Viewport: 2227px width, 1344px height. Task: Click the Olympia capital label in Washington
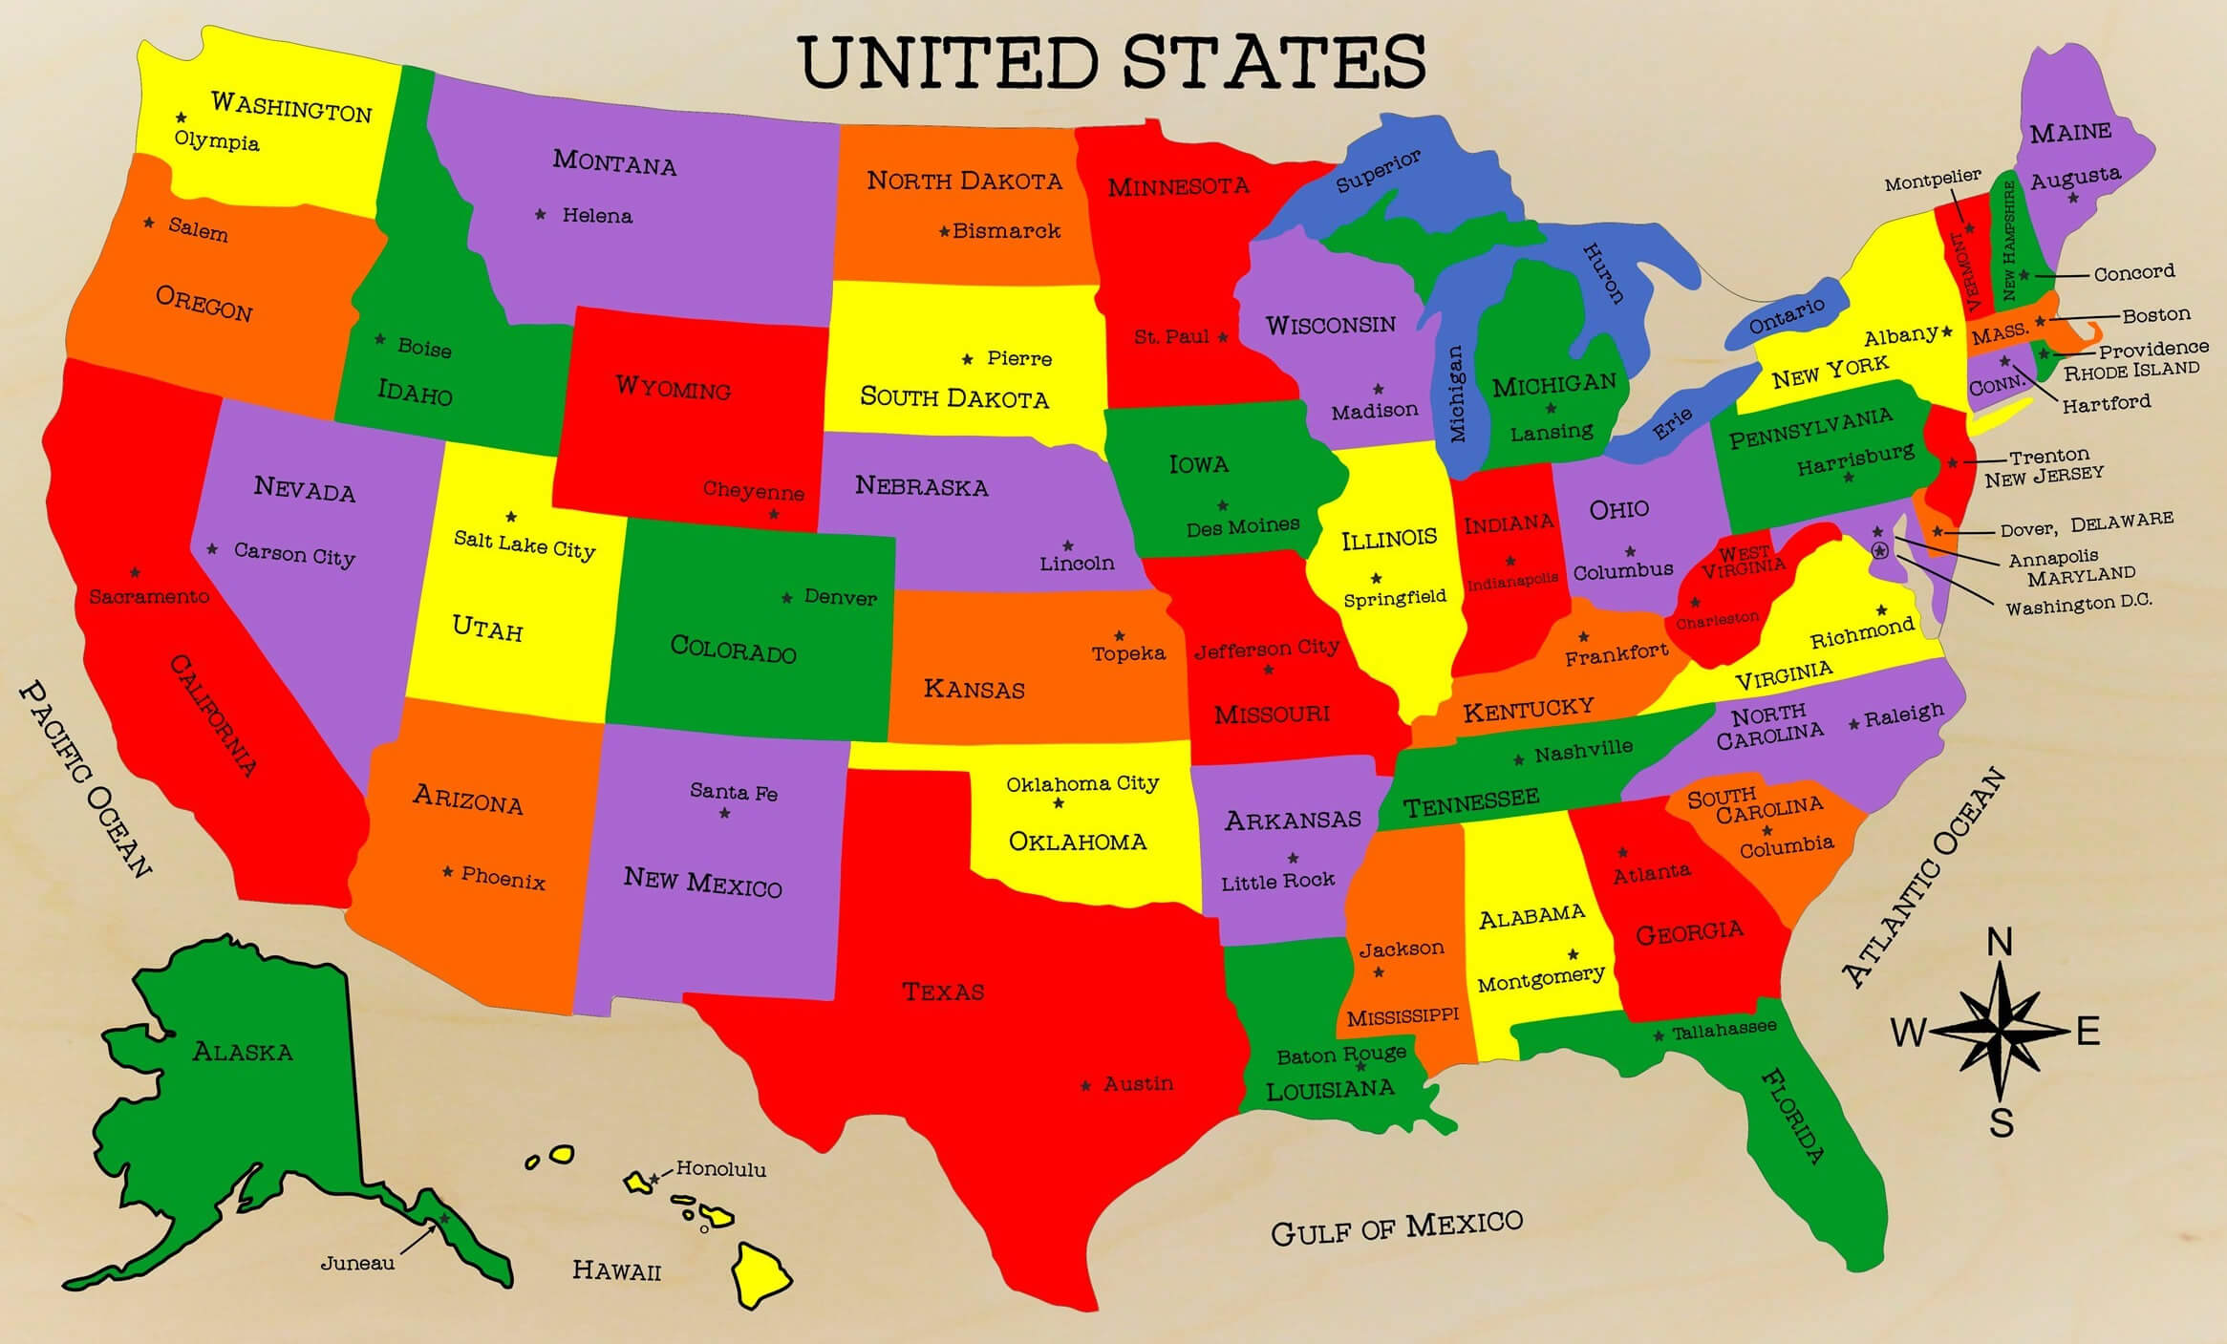pyautogui.click(x=217, y=141)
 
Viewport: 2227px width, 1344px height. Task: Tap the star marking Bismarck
pyautogui.click(x=944, y=231)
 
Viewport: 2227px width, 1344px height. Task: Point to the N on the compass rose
pyautogui.click(x=2000, y=943)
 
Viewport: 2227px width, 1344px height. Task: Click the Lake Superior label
pyautogui.click(x=1378, y=171)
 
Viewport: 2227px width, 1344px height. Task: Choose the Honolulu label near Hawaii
pyautogui.click(x=720, y=1168)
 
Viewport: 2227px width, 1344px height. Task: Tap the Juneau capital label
pyautogui.click(x=357, y=1263)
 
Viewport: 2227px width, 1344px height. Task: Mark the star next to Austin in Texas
pyautogui.click(x=1085, y=1086)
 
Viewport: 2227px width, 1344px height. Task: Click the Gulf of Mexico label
pyautogui.click(x=1396, y=1227)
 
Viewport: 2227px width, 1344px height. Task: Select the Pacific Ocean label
pyautogui.click(x=85, y=779)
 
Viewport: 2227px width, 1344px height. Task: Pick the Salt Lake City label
pyautogui.click(x=525, y=544)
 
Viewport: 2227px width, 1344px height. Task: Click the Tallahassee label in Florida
pyautogui.click(x=1724, y=1030)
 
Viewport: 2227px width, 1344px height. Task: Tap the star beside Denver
pyautogui.click(x=786, y=598)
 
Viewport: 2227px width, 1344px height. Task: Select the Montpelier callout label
pyautogui.click(x=1933, y=181)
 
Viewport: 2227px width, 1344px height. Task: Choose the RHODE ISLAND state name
pyautogui.click(x=2131, y=370)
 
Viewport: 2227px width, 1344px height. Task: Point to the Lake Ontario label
pyautogui.click(x=1786, y=316)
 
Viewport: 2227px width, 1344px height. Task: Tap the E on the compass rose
pyautogui.click(x=2088, y=1032)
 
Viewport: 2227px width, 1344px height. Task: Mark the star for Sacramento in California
pyautogui.click(x=135, y=573)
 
